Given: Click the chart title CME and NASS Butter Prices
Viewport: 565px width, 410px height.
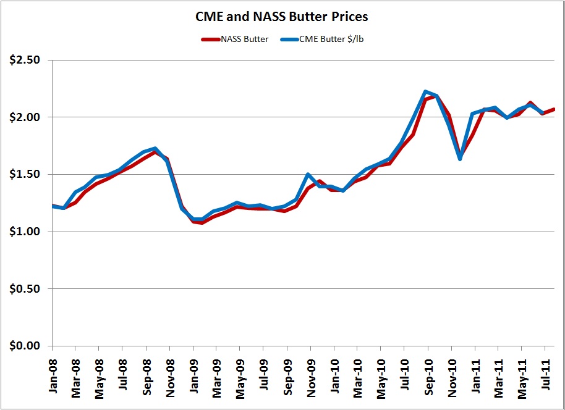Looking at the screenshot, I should (x=281, y=17).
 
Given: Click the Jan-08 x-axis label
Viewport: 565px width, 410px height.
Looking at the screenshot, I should (x=52, y=374).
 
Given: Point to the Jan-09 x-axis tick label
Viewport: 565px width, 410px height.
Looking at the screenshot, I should (x=193, y=374).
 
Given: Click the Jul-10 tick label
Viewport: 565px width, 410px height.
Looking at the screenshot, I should (x=404, y=374).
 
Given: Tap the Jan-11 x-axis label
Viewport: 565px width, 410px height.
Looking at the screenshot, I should (x=475, y=374).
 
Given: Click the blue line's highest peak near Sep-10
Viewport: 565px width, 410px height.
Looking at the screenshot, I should (x=425, y=91).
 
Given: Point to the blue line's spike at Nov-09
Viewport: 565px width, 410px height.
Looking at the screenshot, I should (x=308, y=174).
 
